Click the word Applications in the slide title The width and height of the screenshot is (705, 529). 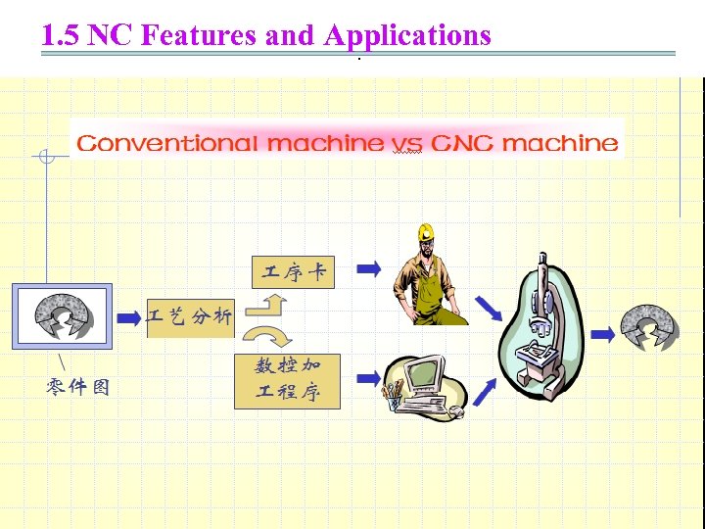tap(406, 35)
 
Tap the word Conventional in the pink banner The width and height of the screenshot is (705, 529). tap(167, 143)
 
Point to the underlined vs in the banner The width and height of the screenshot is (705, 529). tap(406, 144)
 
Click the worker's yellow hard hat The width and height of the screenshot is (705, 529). tap(425, 232)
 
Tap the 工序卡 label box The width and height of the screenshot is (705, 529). tap(293, 271)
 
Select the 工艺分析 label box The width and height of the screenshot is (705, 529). tap(191, 316)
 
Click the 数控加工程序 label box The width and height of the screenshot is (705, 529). tap(288, 380)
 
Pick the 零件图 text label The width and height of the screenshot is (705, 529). tap(78, 388)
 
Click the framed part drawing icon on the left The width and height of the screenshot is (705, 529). tap(62, 316)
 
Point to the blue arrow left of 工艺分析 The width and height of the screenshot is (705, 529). tap(129, 317)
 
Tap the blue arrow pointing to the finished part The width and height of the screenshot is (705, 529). tap(603, 334)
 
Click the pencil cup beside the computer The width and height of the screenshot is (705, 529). tap(394, 396)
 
